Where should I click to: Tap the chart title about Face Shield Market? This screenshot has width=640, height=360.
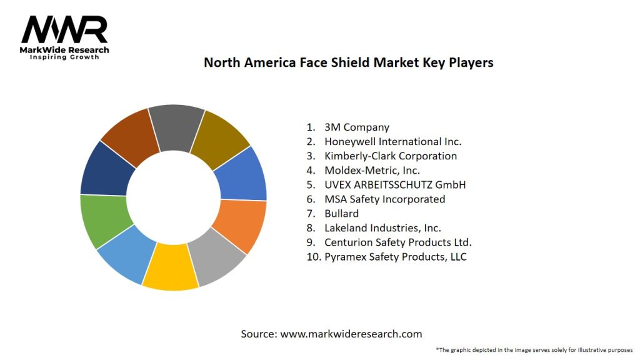click(x=348, y=62)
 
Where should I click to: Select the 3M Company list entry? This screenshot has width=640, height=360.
click(x=356, y=127)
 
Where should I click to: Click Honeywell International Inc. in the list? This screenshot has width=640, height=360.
click(x=392, y=142)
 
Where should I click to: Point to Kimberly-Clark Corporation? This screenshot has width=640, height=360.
click(x=390, y=156)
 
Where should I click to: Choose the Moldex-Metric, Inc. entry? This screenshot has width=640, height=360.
click(x=372, y=170)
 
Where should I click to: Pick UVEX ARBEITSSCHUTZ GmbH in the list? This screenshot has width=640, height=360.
click(x=395, y=185)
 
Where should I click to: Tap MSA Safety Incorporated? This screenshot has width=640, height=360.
click(x=384, y=199)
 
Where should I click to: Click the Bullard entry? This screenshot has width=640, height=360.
click(x=341, y=214)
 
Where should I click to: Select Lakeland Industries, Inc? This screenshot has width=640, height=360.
click(x=382, y=228)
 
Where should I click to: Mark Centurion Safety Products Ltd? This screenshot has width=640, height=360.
click(x=397, y=242)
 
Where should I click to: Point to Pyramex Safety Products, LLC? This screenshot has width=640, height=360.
click(x=395, y=257)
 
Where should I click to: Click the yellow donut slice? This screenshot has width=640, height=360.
click(x=169, y=267)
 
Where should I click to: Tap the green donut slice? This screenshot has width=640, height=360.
click(x=105, y=220)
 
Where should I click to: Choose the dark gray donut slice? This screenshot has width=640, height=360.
click(x=176, y=127)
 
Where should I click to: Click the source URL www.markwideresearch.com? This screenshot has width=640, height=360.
click(x=351, y=334)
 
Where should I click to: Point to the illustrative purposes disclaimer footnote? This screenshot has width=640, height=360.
click(x=534, y=349)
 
